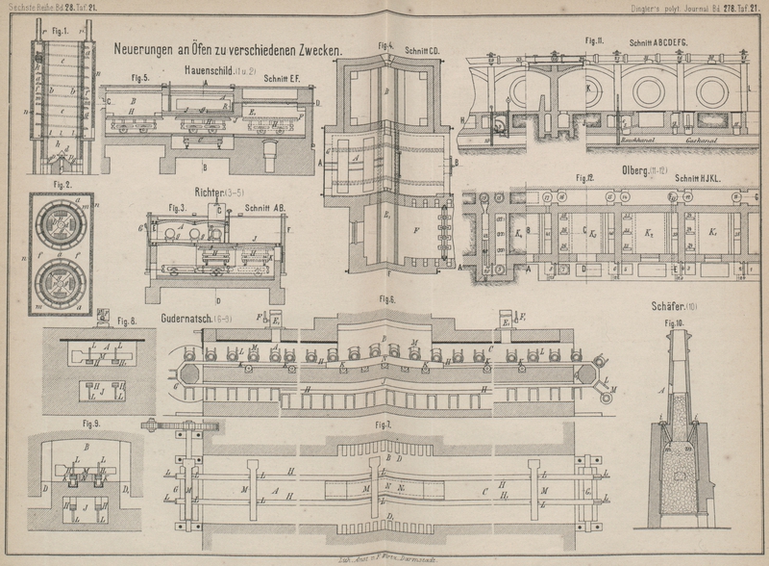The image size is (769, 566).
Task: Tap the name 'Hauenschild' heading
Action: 210,71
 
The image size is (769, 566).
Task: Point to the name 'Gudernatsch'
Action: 192,318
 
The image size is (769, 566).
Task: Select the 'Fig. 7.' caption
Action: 384,424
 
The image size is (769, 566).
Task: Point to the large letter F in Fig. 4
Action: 412,231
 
